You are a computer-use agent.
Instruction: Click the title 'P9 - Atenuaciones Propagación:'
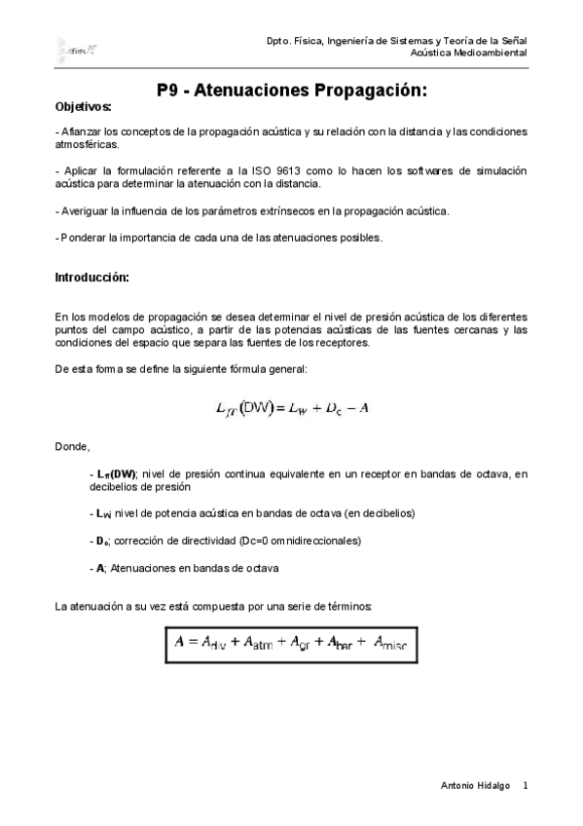[x=292, y=91]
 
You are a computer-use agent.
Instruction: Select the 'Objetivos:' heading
[x=83, y=106]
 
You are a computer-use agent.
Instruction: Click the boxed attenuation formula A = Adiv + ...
[x=291, y=642]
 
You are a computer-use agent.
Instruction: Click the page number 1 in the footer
[x=525, y=785]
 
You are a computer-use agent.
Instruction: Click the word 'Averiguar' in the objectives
[x=84, y=210]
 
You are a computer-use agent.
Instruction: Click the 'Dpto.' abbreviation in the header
[x=278, y=39]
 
